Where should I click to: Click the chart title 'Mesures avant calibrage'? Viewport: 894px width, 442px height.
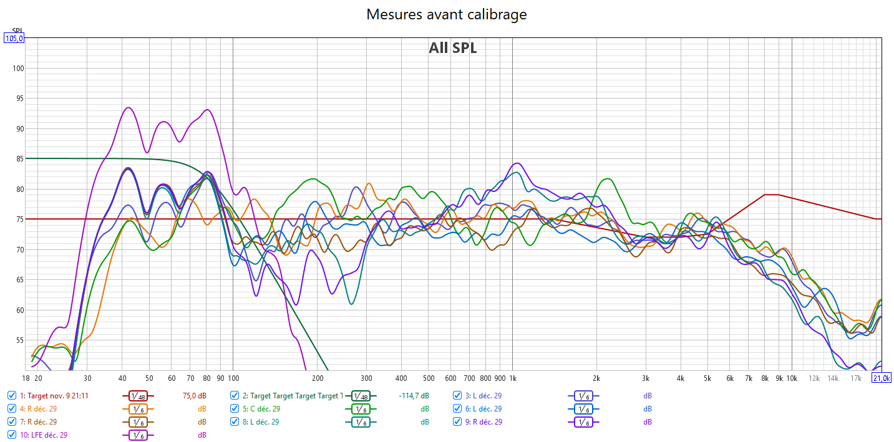tap(446, 14)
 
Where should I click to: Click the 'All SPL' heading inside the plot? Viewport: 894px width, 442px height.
tap(452, 48)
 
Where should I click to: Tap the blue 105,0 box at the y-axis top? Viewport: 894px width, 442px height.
tap(14, 38)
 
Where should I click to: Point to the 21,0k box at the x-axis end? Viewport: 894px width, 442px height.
tap(881, 378)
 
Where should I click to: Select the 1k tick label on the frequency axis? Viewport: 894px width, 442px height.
tap(512, 378)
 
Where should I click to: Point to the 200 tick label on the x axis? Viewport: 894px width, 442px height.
tap(317, 378)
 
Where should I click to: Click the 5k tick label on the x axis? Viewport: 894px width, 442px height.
tap(707, 378)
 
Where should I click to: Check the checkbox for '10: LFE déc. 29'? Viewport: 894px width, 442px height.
tap(12, 435)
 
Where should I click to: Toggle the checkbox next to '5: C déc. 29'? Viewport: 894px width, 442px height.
tap(235, 409)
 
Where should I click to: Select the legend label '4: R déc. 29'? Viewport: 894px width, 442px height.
tap(38, 409)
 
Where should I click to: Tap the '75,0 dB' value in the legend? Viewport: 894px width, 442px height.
tap(194, 396)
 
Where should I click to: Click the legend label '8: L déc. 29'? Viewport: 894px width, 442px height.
tap(261, 422)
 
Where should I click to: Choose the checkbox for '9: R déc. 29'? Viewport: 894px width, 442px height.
tap(457, 422)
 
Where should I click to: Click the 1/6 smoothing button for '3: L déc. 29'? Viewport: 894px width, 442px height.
tap(583, 396)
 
